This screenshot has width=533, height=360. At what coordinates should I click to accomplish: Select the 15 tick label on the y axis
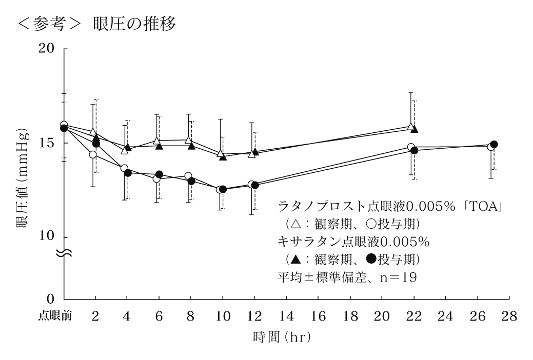[50, 143]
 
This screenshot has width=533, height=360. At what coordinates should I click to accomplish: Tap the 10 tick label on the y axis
[50, 237]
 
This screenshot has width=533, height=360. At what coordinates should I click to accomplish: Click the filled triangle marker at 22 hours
[414, 129]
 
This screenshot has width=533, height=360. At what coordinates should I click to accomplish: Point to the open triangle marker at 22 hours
[410, 126]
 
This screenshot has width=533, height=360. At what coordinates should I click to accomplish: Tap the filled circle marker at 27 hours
[494, 145]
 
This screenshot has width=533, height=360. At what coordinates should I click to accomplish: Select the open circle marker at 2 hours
[93, 154]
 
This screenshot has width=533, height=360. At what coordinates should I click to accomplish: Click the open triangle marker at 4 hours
[125, 150]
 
